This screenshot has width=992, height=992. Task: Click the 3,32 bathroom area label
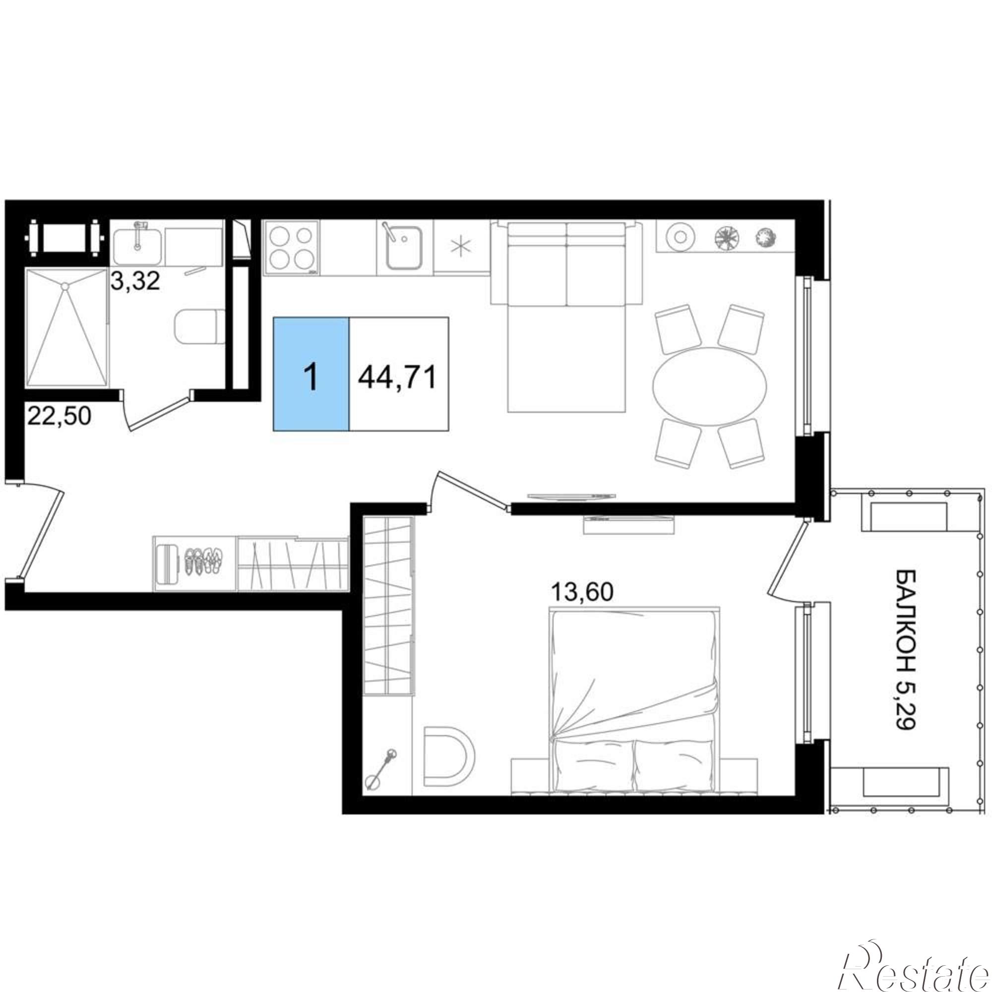[x=136, y=281]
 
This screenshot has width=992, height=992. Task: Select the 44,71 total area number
[x=398, y=377]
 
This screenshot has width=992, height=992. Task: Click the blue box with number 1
[x=311, y=374]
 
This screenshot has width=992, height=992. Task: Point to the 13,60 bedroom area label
[x=582, y=593]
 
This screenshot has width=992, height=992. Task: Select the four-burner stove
[x=291, y=248]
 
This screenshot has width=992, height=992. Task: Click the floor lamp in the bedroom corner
[x=380, y=767]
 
